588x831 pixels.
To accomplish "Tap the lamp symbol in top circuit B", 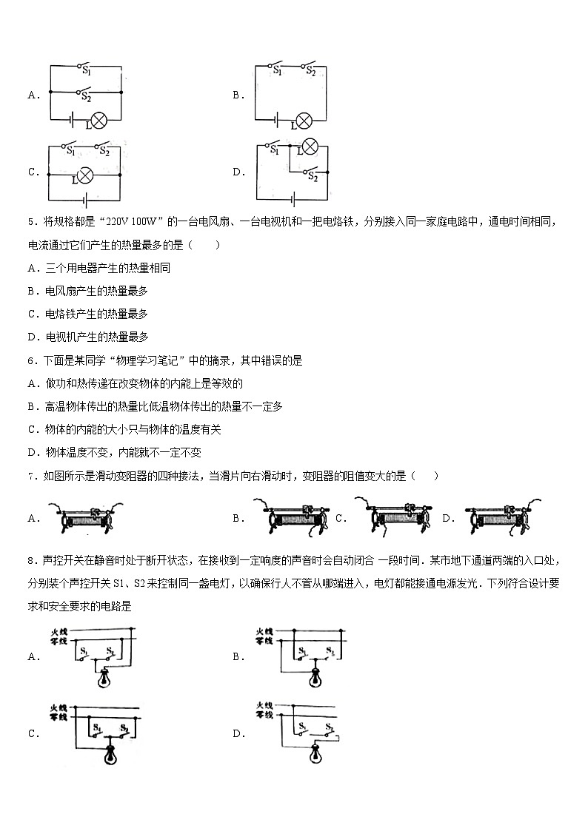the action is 303,121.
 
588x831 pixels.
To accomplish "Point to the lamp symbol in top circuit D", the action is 310,147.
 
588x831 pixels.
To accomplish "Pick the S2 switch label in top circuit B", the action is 311,72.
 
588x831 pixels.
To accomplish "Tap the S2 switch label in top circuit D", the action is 313,178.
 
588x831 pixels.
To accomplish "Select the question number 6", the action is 31,360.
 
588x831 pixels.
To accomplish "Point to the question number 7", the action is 31,476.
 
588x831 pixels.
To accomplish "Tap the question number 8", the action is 31,561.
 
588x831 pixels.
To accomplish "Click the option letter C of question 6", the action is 32,429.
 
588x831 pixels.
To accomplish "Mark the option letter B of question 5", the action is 32,291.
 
